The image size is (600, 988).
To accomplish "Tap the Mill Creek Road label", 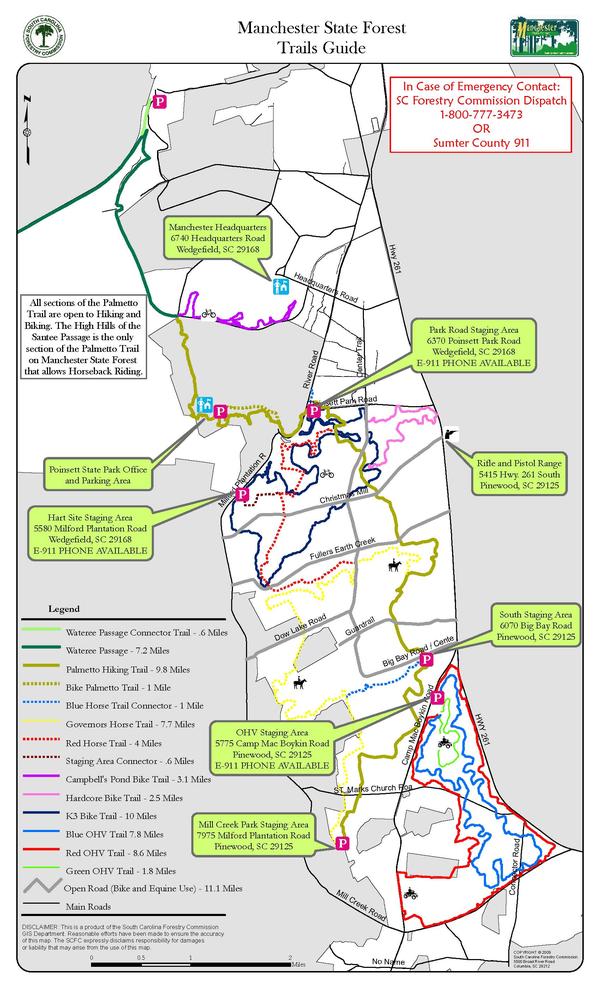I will (362, 904).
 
